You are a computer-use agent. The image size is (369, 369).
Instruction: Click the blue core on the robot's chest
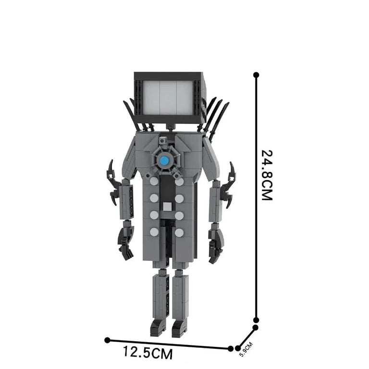pos(164,161)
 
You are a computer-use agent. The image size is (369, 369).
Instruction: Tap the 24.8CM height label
pos(267,175)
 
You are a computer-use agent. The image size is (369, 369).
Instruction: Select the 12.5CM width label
pos(148,352)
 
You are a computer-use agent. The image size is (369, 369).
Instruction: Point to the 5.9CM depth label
pos(246,349)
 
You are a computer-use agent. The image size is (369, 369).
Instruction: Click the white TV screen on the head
pos(169,98)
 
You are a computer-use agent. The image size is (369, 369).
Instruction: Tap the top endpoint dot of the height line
pos(256,75)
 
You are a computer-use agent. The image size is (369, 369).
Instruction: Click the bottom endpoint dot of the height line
pos(256,320)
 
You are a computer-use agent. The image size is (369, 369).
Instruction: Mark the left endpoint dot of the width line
pos(107,340)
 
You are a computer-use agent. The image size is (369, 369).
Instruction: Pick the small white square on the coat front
pos(167,207)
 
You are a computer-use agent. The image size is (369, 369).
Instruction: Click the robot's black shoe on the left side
pos(158,327)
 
